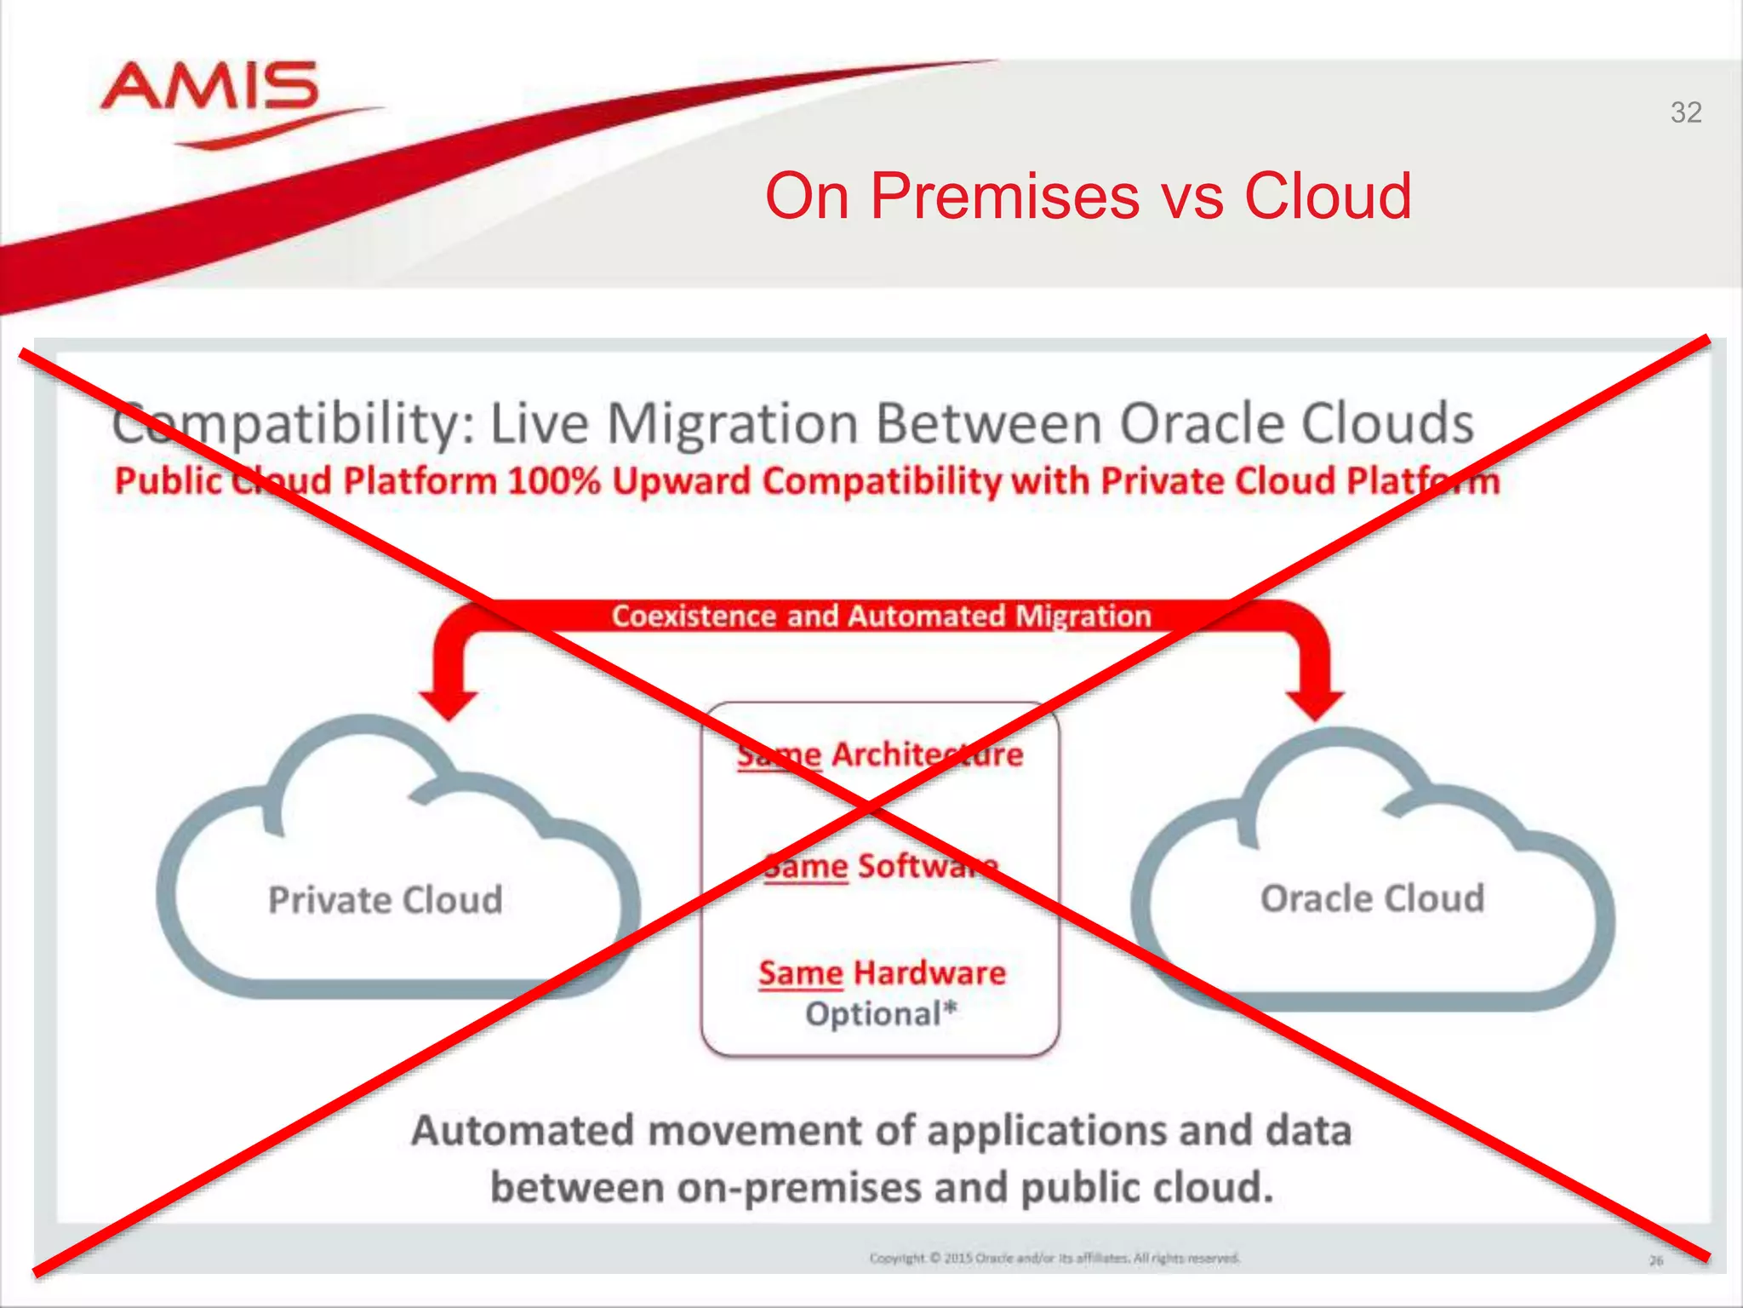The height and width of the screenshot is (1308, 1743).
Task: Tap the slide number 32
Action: pos(1685,112)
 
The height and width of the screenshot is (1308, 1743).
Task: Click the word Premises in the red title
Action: pos(1004,196)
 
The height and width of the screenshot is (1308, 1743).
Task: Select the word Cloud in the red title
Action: pos(1328,196)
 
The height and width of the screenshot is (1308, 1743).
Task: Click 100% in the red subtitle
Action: pos(554,481)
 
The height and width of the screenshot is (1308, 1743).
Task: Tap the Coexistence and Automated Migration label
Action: pos(881,616)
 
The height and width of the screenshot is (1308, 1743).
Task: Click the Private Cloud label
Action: pos(386,900)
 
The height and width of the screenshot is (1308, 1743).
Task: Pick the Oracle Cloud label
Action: pos(1372,898)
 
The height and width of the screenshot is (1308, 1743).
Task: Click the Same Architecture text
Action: pos(880,754)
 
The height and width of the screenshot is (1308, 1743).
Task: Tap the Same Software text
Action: pos(880,866)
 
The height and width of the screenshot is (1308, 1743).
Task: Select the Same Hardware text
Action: pos(882,972)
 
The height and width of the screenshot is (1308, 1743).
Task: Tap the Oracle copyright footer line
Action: pos(1054,1258)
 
